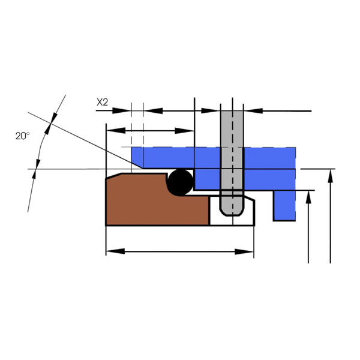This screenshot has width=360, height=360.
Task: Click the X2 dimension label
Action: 102,102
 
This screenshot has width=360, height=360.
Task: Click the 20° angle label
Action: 23,136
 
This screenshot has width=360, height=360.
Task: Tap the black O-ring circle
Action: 181,182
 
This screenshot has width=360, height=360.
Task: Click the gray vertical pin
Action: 232,161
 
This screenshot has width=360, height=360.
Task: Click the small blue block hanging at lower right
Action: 284,205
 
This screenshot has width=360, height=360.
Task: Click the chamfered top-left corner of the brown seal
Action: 113,176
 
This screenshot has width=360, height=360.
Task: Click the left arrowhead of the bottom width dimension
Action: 115,251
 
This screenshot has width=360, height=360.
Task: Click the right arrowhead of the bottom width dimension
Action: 244,251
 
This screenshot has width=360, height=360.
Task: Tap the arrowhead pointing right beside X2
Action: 121,110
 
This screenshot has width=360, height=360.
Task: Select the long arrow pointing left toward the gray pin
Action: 278,110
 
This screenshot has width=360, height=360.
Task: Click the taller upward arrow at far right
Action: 331,216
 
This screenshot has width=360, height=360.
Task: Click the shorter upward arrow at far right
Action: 308,227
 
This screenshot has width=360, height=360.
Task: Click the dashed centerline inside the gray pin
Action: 232,161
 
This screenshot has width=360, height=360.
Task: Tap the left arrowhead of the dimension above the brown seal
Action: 116,131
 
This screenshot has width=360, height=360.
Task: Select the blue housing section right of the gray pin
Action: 270,169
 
